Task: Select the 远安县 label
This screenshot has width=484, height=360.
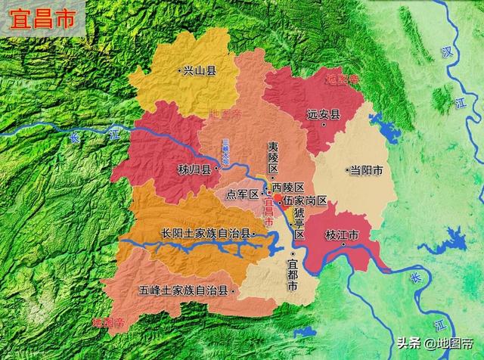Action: pos(324,116)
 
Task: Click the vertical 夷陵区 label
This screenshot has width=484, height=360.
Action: pos(273,157)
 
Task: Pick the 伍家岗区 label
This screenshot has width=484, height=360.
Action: pos(306,200)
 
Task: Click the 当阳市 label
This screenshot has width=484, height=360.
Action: pos(366,171)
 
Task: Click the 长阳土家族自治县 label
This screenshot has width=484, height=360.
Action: pos(205,233)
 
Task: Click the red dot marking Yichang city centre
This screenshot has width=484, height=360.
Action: pos(278,197)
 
